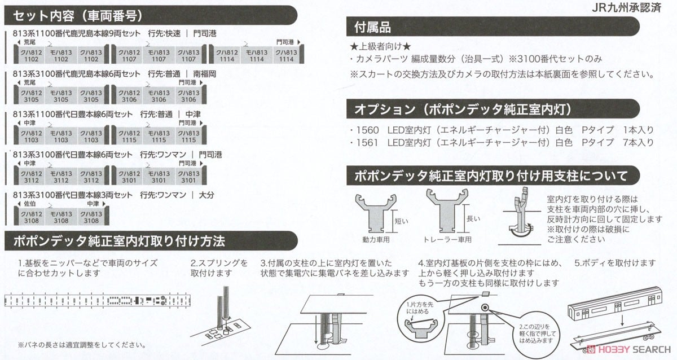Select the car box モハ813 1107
[159, 55]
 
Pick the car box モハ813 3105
[61, 95]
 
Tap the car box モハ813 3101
[159, 177]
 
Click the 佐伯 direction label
[29, 204]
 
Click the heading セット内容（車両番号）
[77, 16]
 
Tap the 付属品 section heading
[372, 27]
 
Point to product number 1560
[367, 130]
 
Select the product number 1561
[367, 142]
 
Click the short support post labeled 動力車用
[376, 213]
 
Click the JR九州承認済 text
[626, 7]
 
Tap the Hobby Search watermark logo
[628, 349]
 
